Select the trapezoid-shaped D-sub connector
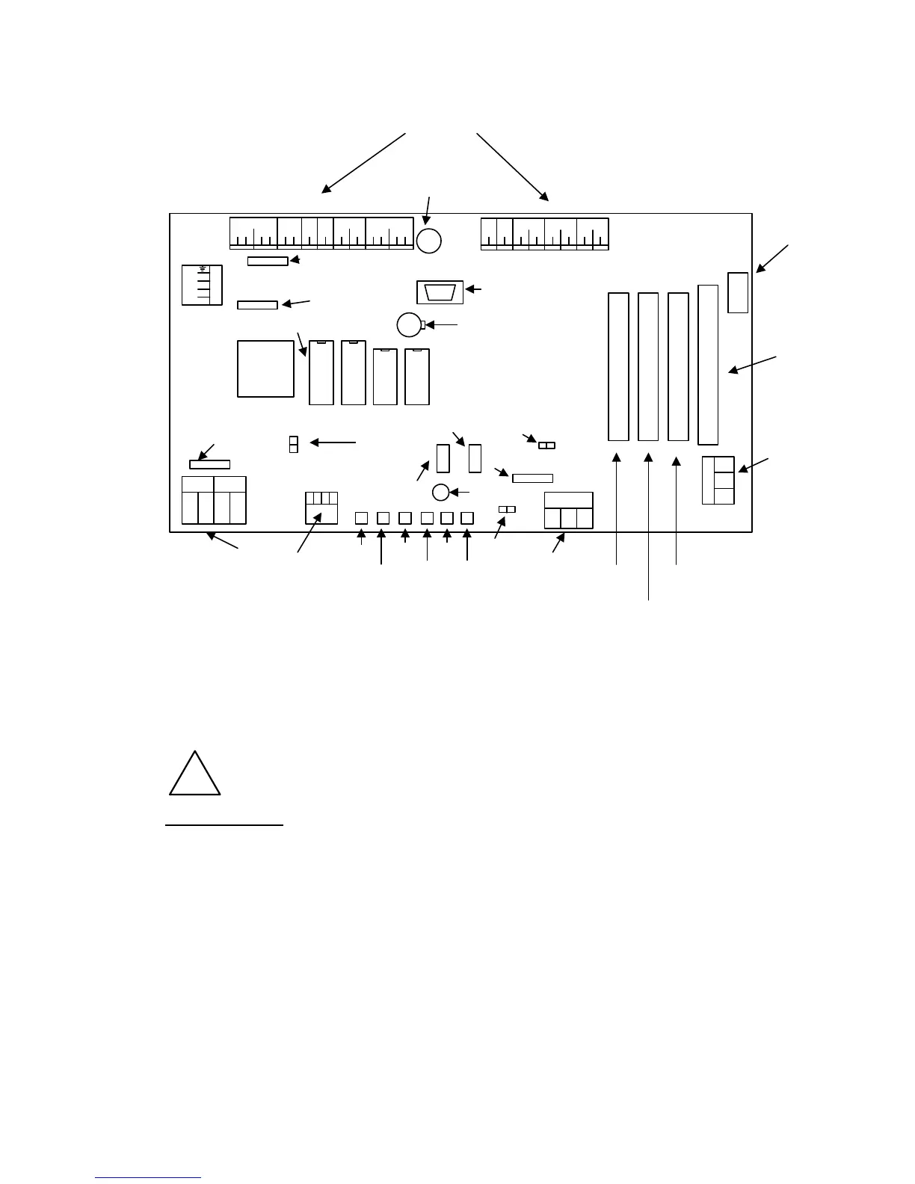click(x=440, y=292)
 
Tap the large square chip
click(x=265, y=369)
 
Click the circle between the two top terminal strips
click(x=429, y=241)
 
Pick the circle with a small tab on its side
click(x=409, y=324)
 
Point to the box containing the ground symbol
click(x=202, y=284)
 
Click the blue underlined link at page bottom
click(x=149, y=1177)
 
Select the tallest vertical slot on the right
click(x=707, y=364)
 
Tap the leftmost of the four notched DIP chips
click(x=321, y=373)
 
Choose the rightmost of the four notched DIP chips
click(x=417, y=376)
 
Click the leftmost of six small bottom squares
click(x=361, y=517)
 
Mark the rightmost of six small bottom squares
click(x=467, y=517)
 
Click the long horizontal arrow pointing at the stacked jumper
click(x=333, y=443)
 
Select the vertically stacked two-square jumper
click(x=293, y=444)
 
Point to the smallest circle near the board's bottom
click(x=440, y=492)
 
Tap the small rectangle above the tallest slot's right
click(x=738, y=292)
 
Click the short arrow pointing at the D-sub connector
click(x=475, y=289)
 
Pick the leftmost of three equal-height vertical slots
click(x=618, y=366)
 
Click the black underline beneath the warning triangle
click(x=224, y=825)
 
